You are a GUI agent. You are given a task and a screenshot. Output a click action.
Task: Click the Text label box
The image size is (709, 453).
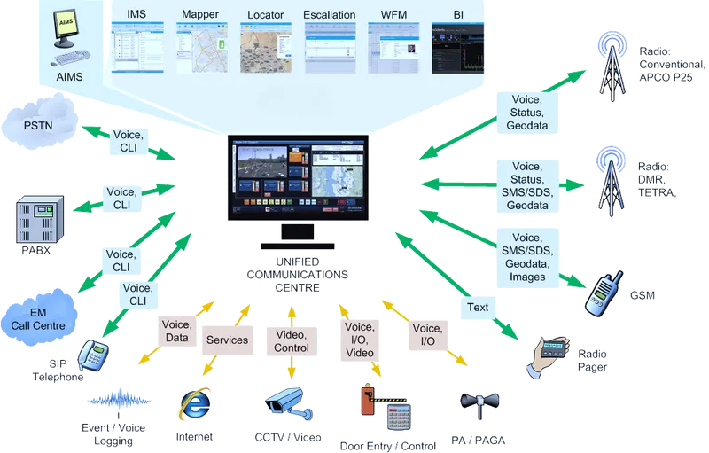coord(477,308)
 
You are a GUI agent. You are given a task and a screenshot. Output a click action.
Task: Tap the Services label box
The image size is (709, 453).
coord(227,340)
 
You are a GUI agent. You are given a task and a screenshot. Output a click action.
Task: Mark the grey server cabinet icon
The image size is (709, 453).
coord(38,219)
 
